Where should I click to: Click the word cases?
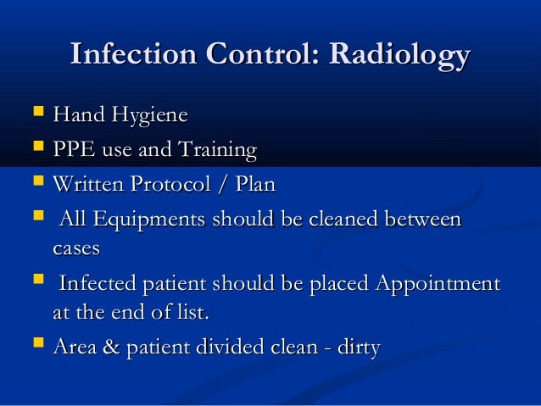click(x=76, y=249)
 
